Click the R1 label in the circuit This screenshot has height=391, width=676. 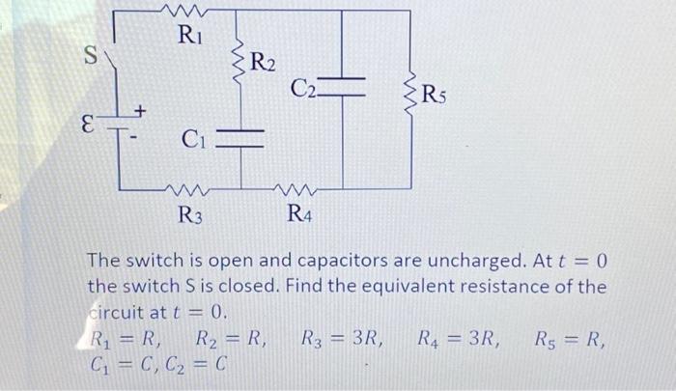coord(190,38)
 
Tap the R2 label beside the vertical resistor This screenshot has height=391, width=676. coord(263,65)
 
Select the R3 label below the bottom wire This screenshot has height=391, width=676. coord(190,214)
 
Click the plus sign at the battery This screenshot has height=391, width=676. coord(139,114)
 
